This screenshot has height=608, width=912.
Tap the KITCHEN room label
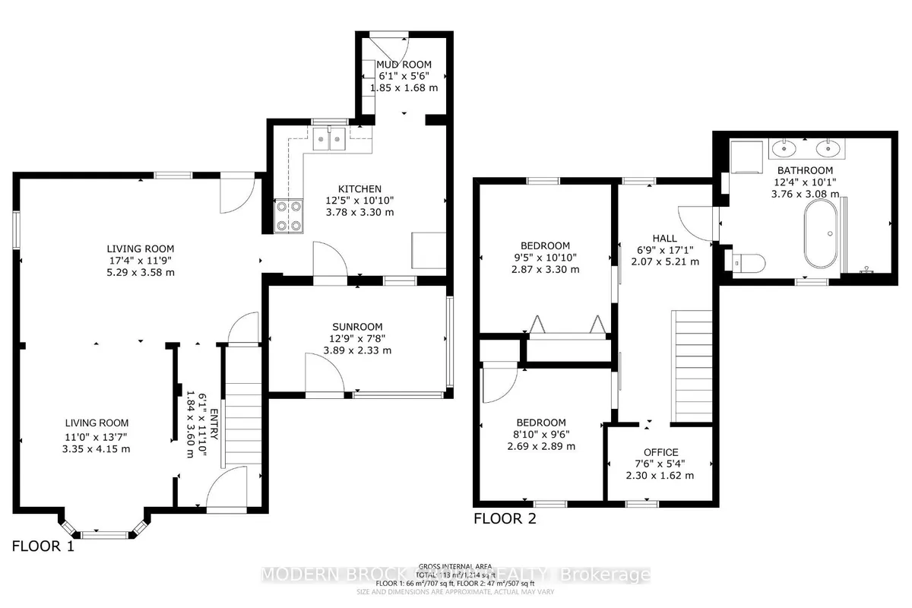[x=360, y=188]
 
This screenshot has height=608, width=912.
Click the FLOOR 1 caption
[x=43, y=546]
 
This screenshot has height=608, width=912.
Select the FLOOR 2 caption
[x=505, y=520]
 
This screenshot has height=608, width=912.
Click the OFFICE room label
[x=660, y=452]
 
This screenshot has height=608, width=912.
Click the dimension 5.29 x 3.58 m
[x=140, y=273]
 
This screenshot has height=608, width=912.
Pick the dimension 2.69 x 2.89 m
[x=541, y=446]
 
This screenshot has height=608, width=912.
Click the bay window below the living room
[x=102, y=530]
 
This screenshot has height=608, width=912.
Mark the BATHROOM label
[x=805, y=170]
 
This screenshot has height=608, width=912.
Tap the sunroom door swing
[x=319, y=372]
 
